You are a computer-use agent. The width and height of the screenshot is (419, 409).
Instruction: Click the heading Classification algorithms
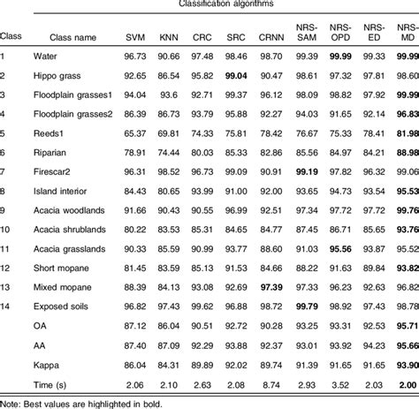[x=247, y=5]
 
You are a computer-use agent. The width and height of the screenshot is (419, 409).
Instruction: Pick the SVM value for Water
[x=135, y=59]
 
